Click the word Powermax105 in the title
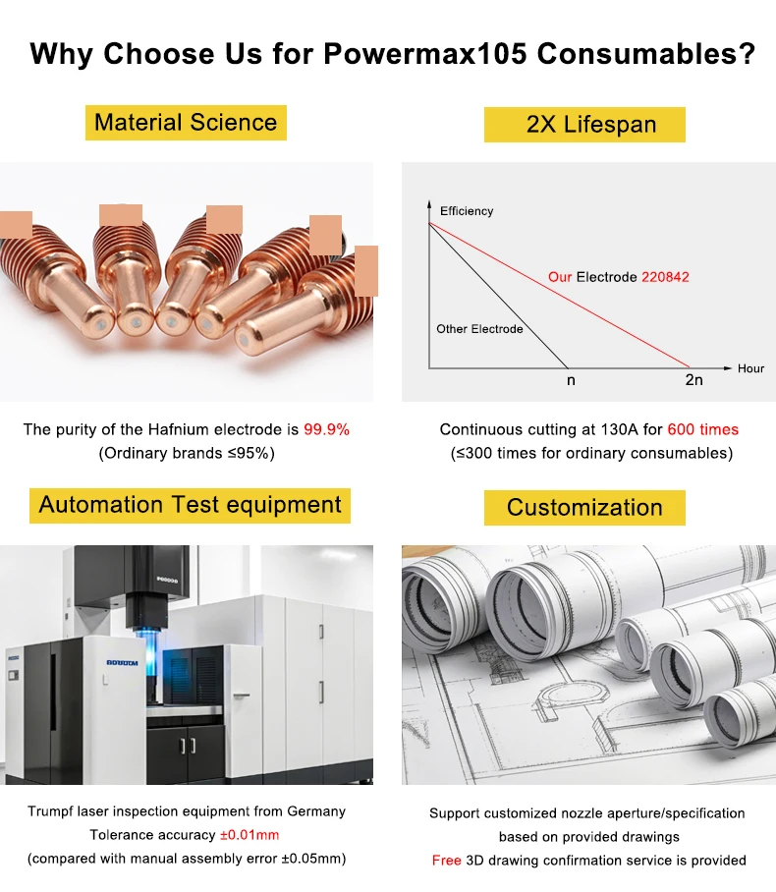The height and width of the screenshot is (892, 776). tap(425, 54)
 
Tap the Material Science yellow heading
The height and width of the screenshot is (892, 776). tap(186, 123)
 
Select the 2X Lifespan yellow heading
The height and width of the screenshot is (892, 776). tap(584, 125)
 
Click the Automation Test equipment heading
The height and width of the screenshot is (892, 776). tap(190, 505)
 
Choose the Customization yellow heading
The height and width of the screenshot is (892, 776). tap(584, 508)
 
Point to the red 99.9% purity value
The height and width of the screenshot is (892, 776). tap(326, 429)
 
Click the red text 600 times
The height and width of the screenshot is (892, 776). tap(702, 429)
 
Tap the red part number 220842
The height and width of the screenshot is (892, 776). tap(665, 277)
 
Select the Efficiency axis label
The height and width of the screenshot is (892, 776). tap(467, 211)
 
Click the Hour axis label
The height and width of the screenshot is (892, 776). tap(750, 368)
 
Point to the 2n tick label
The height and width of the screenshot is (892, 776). tap(693, 379)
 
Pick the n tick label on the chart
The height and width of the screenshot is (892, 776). tap(571, 380)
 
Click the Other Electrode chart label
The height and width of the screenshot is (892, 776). tap(479, 329)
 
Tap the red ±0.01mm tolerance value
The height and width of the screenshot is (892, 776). tap(249, 835)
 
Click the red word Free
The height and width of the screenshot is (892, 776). tap(446, 861)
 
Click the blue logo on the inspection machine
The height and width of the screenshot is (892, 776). tap(122, 663)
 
